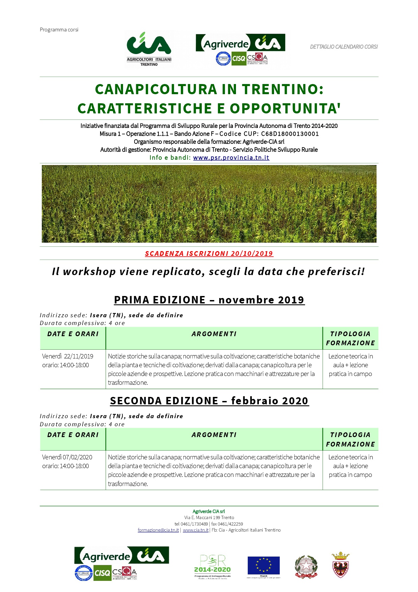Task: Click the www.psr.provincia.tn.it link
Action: tap(231, 158)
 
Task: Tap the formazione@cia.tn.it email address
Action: tap(158, 530)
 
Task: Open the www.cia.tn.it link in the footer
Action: tap(196, 530)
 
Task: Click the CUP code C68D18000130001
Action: tap(290, 134)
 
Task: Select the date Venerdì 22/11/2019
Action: tap(68, 356)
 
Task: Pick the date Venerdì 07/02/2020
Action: tap(67, 457)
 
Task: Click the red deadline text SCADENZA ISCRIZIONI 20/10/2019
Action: tap(209, 253)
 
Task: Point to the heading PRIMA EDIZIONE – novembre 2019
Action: tap(209, 300)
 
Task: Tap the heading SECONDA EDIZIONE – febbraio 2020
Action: tap(209, 401)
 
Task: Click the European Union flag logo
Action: tap(264, 566)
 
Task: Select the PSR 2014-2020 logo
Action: tap(212, 566)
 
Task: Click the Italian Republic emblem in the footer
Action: tap(306, 567)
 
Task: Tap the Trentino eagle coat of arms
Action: tap(340, 565)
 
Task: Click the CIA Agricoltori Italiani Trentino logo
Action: tap(149, 49)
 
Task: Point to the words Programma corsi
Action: tap(59, 30)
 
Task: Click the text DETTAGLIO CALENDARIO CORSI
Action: tap(344, 47)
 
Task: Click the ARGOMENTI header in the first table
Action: tap(214, 334)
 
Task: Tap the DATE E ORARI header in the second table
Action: tap(73, 435)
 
